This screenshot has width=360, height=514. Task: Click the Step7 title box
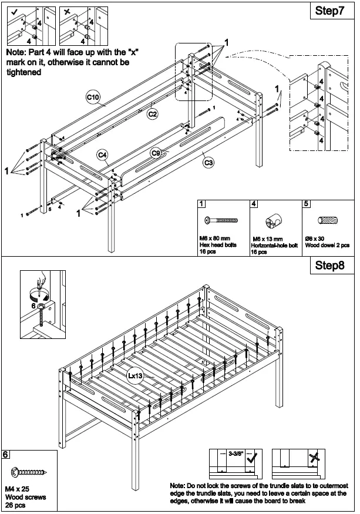329,12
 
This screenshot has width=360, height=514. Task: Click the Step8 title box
329,265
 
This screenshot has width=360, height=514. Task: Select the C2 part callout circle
152,113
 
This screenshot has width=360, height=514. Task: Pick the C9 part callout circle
156,153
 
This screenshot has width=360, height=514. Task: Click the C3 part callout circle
208,163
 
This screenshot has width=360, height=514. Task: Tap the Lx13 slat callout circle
135,375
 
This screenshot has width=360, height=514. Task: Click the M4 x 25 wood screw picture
28,472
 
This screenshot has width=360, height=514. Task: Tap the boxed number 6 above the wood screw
5,454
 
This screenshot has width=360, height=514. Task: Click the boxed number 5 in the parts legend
306,204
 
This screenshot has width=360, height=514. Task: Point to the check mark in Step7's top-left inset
14,11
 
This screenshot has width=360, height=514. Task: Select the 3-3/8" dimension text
236,454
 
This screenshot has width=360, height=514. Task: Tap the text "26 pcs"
15,504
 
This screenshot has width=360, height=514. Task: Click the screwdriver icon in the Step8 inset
39,283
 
